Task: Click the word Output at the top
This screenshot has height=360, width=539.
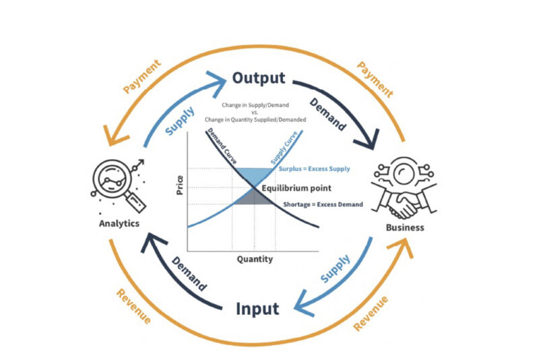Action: pos(258,77)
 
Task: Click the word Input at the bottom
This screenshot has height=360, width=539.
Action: pos(257,309)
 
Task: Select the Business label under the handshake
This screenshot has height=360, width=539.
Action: pos(404,227)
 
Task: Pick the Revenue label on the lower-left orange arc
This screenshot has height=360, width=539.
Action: pos(134,305)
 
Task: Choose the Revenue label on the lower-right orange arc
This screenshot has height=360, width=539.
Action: pos(371,313)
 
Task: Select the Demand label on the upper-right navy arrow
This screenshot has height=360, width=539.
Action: pos(329,112)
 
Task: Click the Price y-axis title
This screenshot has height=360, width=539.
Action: pos(180,185)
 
